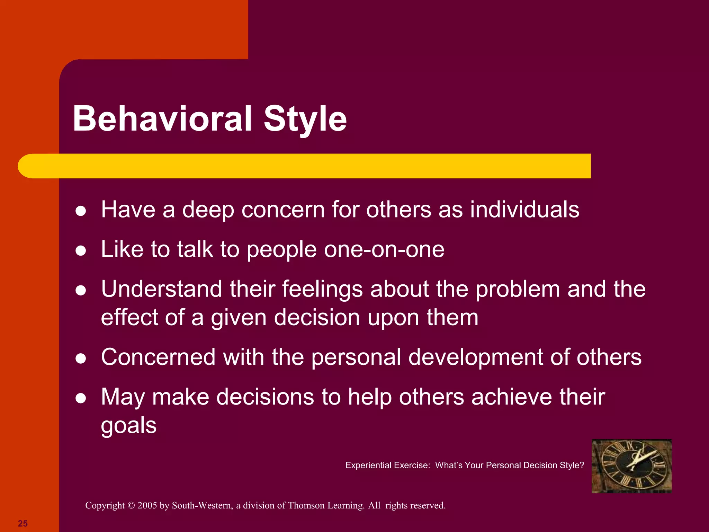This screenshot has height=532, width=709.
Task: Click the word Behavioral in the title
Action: (162, 119)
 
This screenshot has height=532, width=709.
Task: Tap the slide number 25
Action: (23, 523)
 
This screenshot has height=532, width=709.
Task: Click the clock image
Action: (631, 466)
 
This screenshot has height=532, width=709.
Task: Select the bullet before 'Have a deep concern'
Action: (81, 211)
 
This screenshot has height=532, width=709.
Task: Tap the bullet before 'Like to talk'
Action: (81, 251)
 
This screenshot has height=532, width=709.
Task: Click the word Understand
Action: (161, 289)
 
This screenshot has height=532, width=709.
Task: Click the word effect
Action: (129, 317)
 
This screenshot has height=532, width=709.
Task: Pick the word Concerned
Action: (158, 357)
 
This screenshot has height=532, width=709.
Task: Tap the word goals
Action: (128, 426)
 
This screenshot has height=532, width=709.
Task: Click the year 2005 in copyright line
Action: (147, 505)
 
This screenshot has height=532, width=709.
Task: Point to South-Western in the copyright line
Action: (201, 505)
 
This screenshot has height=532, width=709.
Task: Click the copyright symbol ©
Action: (131, 506)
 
